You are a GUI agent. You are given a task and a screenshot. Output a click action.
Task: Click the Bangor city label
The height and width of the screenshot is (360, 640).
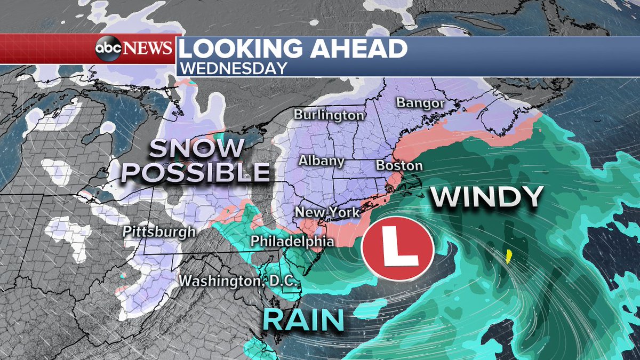(420, 103)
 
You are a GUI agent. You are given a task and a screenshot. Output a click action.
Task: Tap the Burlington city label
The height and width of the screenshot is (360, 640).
(329, 115)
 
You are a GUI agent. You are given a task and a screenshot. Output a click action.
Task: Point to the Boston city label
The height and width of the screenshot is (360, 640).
(399, 165)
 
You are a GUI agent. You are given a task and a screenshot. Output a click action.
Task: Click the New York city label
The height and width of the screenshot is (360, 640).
(327, 212)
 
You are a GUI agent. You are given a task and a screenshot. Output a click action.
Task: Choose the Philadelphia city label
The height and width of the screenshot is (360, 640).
(293, 241)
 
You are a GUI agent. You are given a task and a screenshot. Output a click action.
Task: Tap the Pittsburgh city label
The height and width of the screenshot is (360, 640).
(159, 232)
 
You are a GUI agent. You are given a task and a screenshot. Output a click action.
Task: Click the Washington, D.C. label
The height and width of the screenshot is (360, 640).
(238, 280)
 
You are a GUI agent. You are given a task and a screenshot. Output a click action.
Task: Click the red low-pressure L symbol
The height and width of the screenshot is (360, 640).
(397, 250)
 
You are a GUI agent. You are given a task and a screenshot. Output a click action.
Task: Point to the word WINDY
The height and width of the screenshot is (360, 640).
(487, 197)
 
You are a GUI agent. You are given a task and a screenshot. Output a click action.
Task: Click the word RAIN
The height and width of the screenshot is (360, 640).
(302, 320)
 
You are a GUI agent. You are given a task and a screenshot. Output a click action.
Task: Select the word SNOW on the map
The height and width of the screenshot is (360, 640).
(196, 149)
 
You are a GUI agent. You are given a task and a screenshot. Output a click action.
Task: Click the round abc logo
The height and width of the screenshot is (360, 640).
(108, 49)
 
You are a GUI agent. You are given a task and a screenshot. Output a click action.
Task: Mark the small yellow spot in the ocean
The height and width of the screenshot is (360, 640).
(508, 256)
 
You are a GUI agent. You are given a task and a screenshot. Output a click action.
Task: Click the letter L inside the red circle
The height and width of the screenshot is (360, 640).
(397, 250)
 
